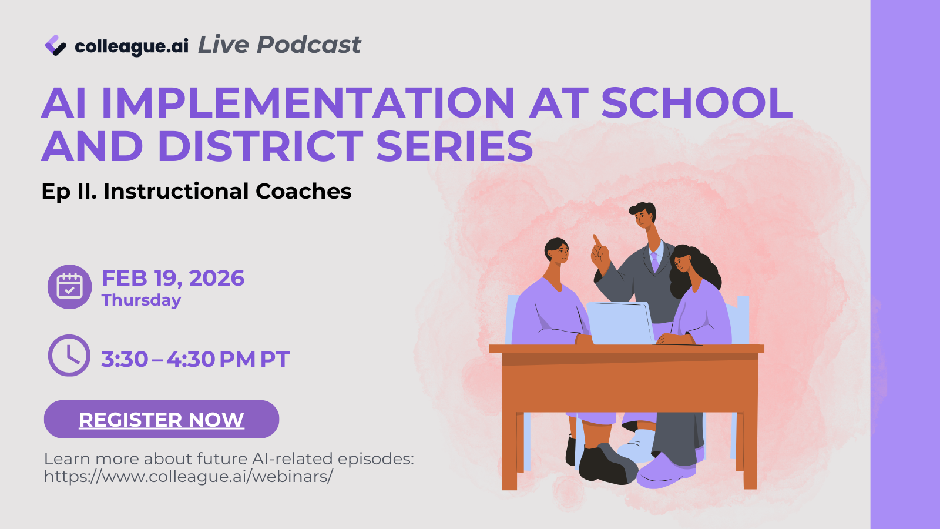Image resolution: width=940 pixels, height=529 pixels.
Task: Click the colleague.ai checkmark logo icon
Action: point(55,45)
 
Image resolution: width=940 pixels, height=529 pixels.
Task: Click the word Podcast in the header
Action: point(308,45)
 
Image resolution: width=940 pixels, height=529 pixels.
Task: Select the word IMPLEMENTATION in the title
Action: point(308,103)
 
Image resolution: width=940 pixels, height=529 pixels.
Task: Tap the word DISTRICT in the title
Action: point(260,146)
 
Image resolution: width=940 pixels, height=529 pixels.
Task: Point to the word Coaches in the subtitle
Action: point(303,191)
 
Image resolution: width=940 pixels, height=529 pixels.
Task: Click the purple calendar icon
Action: point(69,287)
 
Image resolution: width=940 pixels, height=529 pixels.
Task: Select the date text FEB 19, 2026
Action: point(173,278)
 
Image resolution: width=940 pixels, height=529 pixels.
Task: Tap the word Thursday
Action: point(141,300)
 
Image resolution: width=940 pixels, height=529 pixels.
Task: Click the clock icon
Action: point(69,355)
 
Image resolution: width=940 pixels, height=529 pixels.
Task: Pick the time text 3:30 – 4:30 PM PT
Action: point(195,359)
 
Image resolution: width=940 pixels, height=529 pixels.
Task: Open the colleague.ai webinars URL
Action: point(189,477)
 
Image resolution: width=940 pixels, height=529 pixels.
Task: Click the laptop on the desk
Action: point(620,323)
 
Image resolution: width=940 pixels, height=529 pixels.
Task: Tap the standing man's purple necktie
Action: point(654,261)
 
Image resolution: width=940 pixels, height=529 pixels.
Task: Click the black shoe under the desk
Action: point(606,464)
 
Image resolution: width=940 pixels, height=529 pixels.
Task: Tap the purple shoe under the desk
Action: point(667,470)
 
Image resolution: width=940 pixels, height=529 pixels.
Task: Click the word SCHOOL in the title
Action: point(697,103)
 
